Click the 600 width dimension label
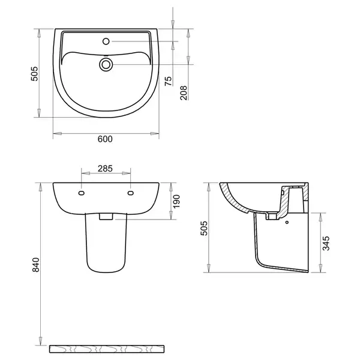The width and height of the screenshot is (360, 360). click(105, 139)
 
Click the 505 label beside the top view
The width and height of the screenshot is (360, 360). click(34, 74)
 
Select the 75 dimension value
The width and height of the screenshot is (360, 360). click(168, 81)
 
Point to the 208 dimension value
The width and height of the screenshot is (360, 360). click(184, 93)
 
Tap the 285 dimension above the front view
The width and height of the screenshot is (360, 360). click(105, 169)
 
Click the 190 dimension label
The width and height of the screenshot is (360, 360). click(176, 202)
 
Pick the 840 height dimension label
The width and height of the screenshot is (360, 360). click(36, 265)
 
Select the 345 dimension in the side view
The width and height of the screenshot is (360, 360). click(326, 243)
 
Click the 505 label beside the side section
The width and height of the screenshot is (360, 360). click(204, 228)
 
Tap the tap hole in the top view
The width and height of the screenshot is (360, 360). click(106, 41)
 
